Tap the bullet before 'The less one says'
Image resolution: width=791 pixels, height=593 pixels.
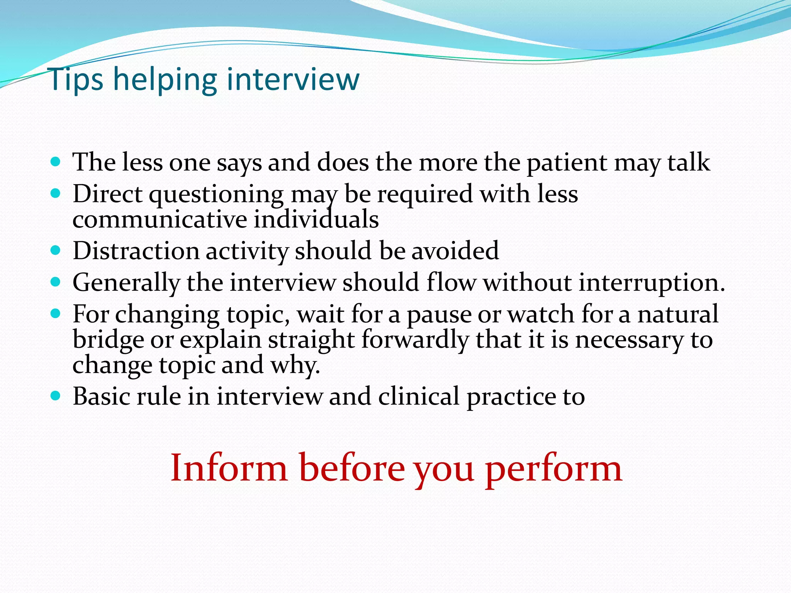(56, 161)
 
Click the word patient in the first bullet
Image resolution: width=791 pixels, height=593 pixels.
(567, 163)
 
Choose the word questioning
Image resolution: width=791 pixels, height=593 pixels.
(216, 195)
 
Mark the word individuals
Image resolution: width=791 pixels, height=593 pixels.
(316, 220)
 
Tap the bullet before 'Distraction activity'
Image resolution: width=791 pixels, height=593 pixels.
(56, 251)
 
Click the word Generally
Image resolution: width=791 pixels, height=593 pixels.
(126, 283)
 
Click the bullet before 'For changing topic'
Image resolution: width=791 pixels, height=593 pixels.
(56, 314)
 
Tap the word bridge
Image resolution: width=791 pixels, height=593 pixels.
(108, 340)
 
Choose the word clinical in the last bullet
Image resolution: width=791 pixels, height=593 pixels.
(419, 396)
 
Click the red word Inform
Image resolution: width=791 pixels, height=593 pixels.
(229, 468)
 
